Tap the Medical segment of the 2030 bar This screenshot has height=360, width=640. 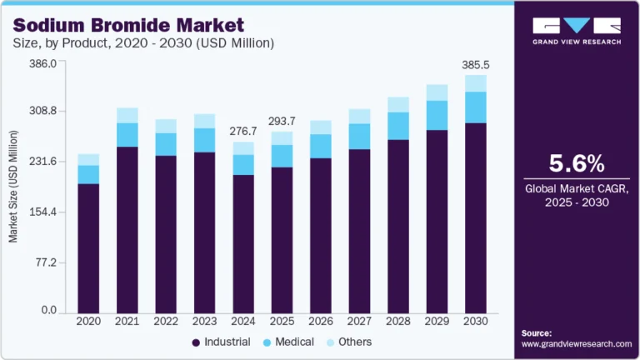click(x=475, y=107)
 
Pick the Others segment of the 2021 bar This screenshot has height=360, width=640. click(x=127, y=115)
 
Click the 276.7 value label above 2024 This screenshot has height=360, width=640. click(x=242, y=131)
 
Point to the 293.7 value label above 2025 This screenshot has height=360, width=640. click(x=282, y=121)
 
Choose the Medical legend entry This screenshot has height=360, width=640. click(x=287, y=342)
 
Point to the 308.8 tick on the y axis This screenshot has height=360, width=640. click(x=41, y=111)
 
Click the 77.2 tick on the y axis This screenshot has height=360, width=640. click(x=44, y=262)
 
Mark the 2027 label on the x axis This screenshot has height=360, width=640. click(x=359, y=322)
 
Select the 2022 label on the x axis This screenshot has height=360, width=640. click(x=166, y=322)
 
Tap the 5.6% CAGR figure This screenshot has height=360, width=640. click(x=576, y=162)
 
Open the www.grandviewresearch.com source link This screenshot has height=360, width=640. click(x=576, y=343)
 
